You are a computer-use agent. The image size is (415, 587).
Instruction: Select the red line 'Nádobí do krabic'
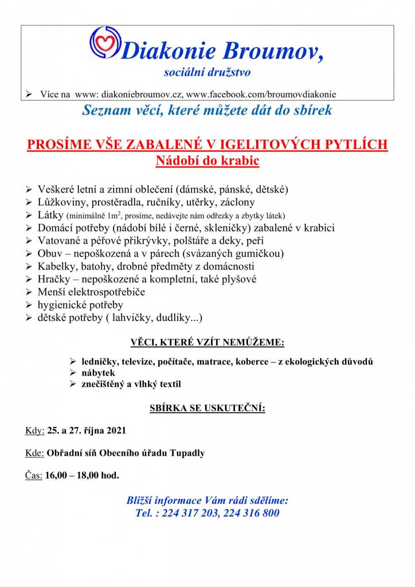tap(207, 161)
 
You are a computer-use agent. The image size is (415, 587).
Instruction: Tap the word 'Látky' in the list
tap(50, 215)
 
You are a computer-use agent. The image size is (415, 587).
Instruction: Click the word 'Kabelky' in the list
tap(57, 267)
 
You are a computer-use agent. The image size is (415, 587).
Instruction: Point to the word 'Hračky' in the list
tap(53, 279)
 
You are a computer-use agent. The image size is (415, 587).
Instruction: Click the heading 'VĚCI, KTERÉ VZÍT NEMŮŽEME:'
tap(207, 343)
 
